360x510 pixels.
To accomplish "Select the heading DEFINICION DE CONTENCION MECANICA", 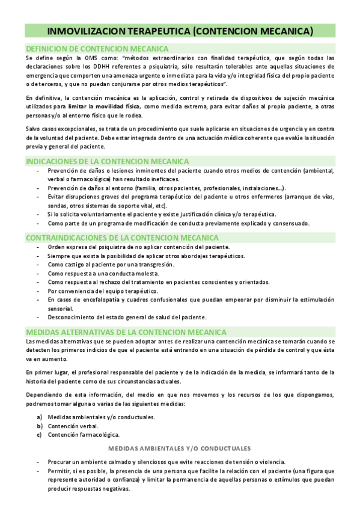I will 97,48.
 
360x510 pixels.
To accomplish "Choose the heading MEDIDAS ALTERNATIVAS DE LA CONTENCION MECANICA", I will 126,331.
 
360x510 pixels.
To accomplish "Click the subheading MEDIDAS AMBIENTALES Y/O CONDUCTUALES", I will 179,449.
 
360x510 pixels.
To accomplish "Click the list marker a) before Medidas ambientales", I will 40,417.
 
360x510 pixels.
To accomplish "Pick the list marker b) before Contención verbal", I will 40,426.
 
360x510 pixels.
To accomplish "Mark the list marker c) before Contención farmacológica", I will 40,434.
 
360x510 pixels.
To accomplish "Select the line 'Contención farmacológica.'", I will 84,434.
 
